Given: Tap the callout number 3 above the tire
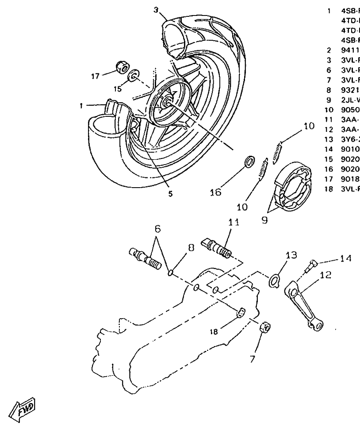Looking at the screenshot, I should tap(156, 9).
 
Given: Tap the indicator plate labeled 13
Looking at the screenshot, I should tap(275, 281).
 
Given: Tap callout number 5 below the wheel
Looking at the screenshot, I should tap(171, 193).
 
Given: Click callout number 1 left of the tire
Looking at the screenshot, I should tap(81, 106).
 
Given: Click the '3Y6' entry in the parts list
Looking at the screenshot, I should tap(349, 139).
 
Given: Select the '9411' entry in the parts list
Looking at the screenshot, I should tap(350, 50).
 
